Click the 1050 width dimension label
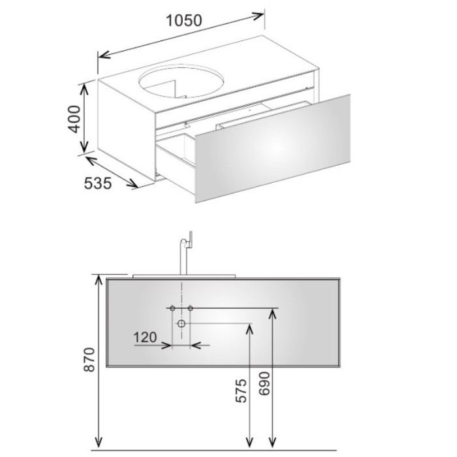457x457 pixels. (184, 21)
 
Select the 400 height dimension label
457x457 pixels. (74, 119)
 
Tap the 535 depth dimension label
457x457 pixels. (98, 183)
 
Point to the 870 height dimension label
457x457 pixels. (89, 359)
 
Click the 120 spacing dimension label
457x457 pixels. (145, 338)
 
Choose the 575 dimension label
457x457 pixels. (241, 390)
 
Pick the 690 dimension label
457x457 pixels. (264, 383)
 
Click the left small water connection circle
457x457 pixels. (172, 308)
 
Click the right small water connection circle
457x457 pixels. (191, 308)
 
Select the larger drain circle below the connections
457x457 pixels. (181, 323)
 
